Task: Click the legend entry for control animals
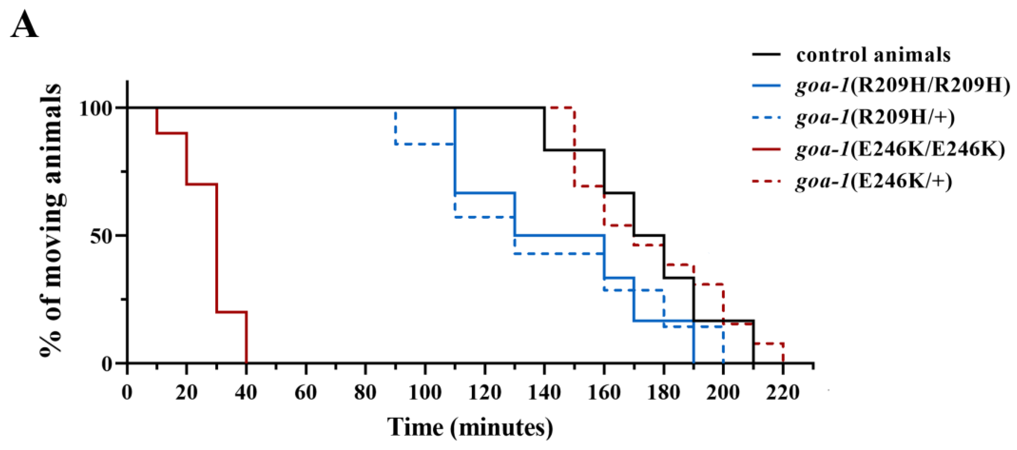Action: pyautogui.click(x=873, y=54)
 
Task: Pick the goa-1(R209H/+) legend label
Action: pyautogui.click(x=875, y=117)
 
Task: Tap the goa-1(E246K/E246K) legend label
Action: pyautogui.click(x=900, y=149)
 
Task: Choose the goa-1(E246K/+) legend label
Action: pyautogui.click(x=873, y=181)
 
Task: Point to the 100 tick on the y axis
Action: pyautogui.click(x=95, y=108)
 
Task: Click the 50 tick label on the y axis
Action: pyautogui.click(x=100, y=235)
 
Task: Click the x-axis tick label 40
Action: pyautogui.click(x=246, y=393)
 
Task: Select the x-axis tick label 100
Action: pyautogui.click(x=425, y=393)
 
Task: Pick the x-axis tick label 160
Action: pyautogui.click(x=604, y=393)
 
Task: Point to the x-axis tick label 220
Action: pyautogui.click(x=783, y=393)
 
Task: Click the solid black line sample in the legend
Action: pyautogui.click(x=766, y=54)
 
